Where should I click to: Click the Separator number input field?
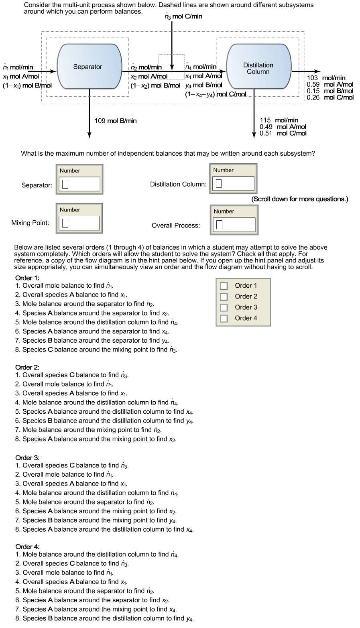tap(79, 184)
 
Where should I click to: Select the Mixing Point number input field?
tap(79, 223)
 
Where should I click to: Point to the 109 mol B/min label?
tap(115, 121)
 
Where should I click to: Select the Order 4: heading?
tap(27, 547)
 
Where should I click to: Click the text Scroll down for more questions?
tap(299, 199)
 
